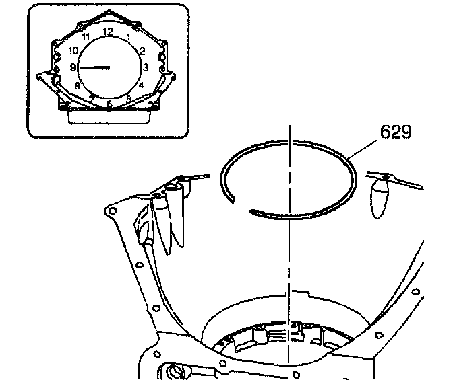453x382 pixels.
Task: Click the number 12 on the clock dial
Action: [108, 32]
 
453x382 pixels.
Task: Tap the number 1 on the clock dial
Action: [129, 36]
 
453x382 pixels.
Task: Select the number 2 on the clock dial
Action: [142, 50]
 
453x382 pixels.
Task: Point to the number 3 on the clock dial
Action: [145, 67]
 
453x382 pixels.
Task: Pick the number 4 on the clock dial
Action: [141, 85]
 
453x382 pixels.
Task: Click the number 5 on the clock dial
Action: [128, 98]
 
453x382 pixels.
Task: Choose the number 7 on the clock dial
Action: [91, 98]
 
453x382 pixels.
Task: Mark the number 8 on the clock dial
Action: [78, 85]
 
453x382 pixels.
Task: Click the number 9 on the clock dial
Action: [73, 67]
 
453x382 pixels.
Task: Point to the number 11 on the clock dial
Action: [86, 37]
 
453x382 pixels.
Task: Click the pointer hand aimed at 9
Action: [94, 67]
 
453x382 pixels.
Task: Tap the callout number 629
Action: [396, 132]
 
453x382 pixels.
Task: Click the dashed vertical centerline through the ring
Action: [288, 269]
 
